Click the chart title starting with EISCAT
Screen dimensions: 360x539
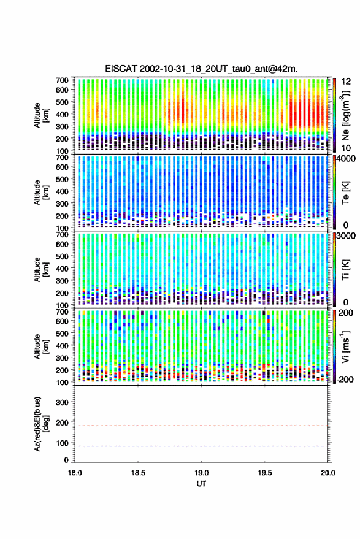tap(201, 69)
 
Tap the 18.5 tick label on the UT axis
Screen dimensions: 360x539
tap(138, 473)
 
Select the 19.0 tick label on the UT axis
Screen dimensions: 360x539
tap(201, 473)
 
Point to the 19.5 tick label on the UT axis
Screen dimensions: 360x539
tap(264, 473)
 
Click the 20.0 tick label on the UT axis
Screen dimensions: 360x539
tap(327, 473)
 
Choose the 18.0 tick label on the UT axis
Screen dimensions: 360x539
tap(75, 473)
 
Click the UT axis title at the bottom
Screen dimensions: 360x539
tap(201, 484)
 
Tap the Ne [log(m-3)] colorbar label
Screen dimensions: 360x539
tap(345, 115)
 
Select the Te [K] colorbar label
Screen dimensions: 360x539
tap(345, 193)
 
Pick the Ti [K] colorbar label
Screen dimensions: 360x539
tap(345, 270)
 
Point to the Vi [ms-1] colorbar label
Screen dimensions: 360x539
tap(345, 346)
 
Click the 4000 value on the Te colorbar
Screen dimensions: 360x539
tap(346, 159)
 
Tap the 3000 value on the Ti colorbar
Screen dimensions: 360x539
tap(346, 236)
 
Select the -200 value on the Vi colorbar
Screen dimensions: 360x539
tap(345, 380)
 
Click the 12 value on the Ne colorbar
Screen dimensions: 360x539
tap(346, 82)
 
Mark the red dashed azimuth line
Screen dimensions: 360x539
tap(201, 426)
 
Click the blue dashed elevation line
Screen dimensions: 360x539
tap(201, 446)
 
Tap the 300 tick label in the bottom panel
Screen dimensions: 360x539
tap(62, 402)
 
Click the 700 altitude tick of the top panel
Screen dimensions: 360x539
tap(62, 80)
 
